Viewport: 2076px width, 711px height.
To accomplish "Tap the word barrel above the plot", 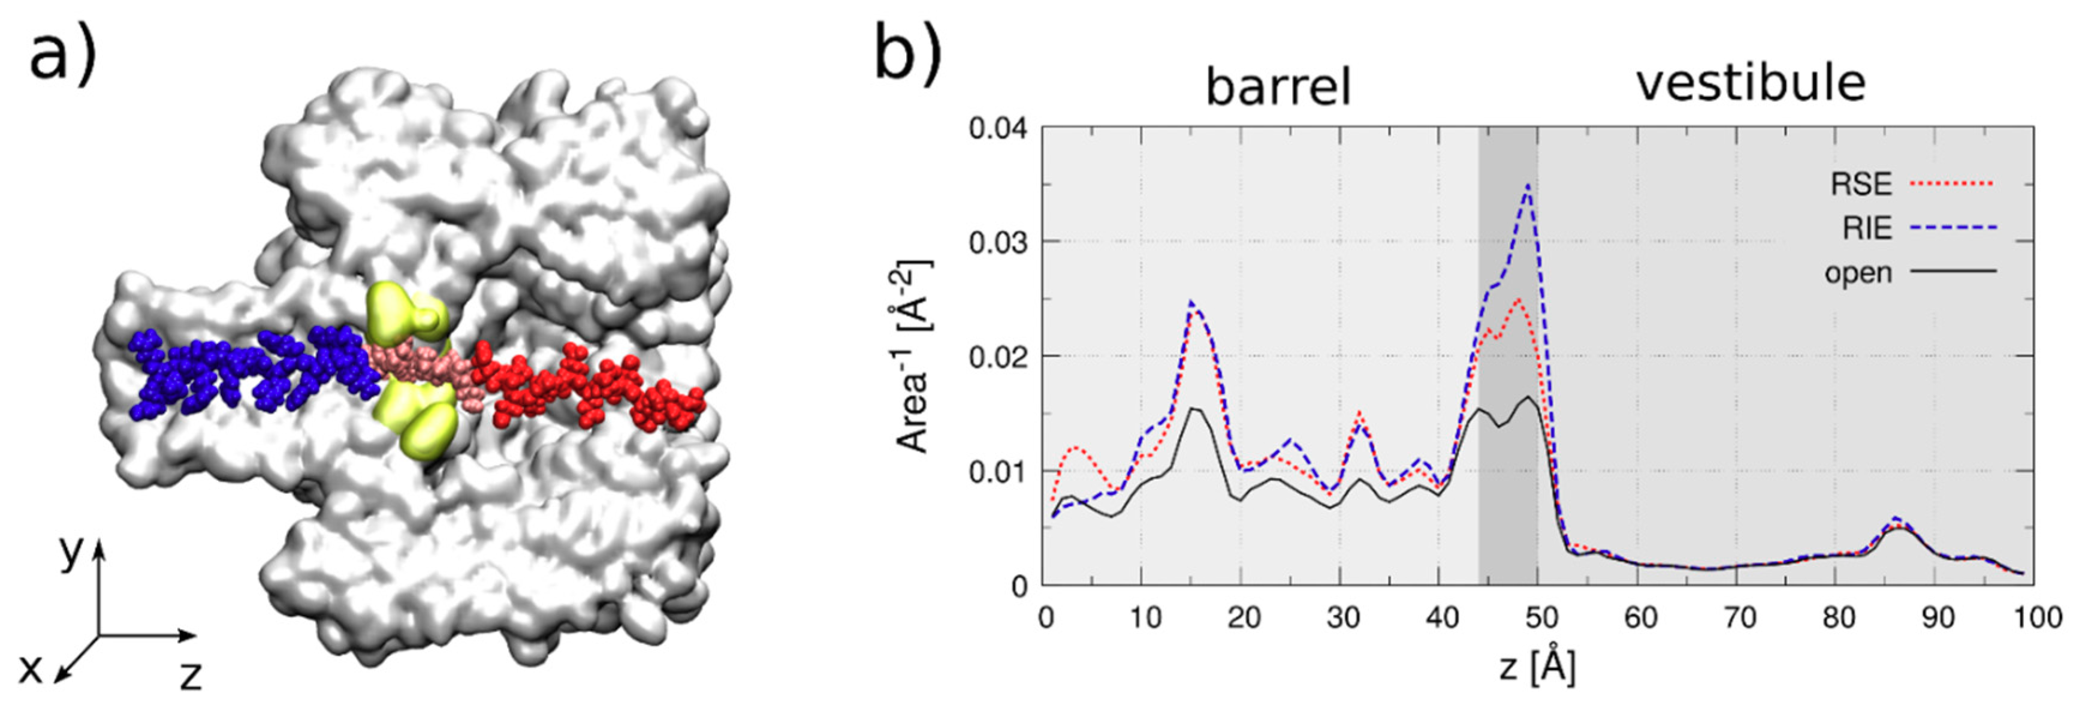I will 1277,86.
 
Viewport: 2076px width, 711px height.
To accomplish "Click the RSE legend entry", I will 1861,184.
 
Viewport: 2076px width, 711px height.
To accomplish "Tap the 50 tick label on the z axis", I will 1540,618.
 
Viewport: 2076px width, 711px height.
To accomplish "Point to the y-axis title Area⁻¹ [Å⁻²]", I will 915,356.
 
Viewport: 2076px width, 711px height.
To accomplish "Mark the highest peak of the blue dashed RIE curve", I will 1528,185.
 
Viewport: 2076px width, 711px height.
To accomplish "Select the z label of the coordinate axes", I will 190,676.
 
